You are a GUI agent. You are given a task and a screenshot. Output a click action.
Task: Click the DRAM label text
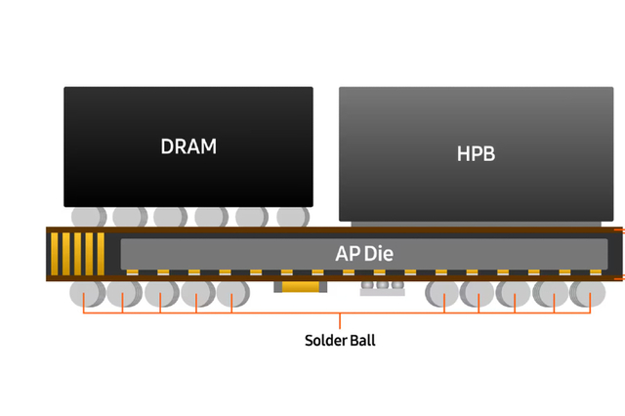click(188, 146)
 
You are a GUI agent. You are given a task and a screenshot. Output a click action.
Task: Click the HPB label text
click(476, 154)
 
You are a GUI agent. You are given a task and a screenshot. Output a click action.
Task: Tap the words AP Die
click(363, 253)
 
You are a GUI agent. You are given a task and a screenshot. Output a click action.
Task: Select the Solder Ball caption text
click(340, 341)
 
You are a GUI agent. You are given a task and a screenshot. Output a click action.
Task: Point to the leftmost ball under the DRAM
click(85, 216)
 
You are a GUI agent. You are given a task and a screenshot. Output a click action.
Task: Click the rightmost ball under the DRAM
click(292, 216)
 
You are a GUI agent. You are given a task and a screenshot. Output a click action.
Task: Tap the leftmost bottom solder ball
click(85, 293)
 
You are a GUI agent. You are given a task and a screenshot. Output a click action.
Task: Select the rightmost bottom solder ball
click(589, 293)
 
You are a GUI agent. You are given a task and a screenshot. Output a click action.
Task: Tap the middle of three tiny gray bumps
click(382, 287)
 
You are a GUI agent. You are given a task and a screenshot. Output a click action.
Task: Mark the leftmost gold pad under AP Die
click(132, 271)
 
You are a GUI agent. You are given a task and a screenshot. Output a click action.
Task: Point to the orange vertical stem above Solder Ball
click(340, 320)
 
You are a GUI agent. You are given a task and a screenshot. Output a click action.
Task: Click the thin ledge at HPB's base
click(476, 218)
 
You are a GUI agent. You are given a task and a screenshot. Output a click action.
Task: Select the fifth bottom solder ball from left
click(232, 293)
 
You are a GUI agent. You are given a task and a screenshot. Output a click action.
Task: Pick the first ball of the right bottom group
click(443, 293)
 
